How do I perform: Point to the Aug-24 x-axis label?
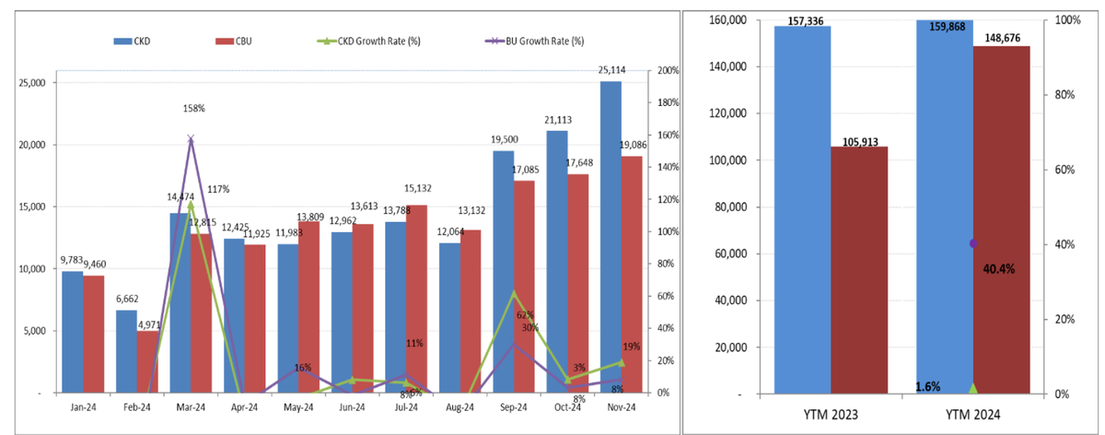click(x=460, y=406)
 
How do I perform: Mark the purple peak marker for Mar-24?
click(x=191, y=139)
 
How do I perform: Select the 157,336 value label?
click(x=804, y=20)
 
